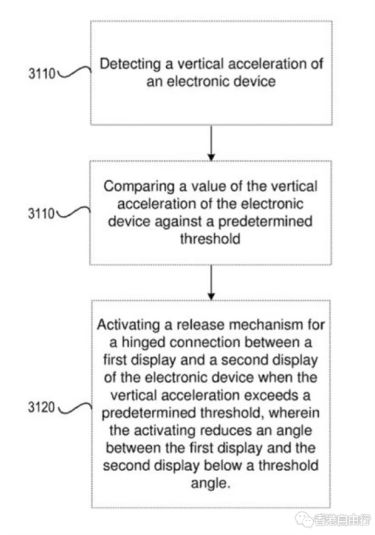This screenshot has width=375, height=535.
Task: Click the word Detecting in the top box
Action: pyautogui.click(x=130, y=64)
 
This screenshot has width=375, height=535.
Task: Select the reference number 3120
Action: pyautogui.click(x=42, y=407)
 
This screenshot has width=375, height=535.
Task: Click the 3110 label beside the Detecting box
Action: pyautogui.click(x=42, y=73)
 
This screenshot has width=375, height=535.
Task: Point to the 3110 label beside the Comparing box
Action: pyautogui.click(x=41, y=213)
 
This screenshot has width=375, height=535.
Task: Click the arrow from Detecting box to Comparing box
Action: pyautogui.click(x=211, y=143)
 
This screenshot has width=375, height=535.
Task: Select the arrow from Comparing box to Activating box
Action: pyautogui.click(x=211, y=283)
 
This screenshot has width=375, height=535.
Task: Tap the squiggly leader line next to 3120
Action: pyautogui.click(x=74, y=408)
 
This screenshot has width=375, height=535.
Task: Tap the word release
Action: pyautogui.click(x=201, y=325)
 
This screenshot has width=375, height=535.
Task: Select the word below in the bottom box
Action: pyautogui.click(x=223, y=466)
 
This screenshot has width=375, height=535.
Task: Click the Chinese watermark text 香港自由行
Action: pyautogui.click(x=342, y=520)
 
